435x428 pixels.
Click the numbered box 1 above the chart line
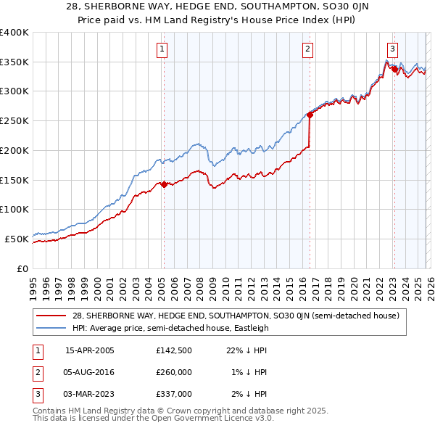(x=161, y=49)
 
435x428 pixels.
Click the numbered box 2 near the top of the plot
(x=307, y=49)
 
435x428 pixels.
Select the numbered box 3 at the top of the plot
(x=392, y=49)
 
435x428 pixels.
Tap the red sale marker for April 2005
(x=164, y=184)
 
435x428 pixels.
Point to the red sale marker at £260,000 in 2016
(x=310, y=115)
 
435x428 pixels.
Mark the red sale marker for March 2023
(x=394, y=70)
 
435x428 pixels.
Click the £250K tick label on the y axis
(x=14, y=121)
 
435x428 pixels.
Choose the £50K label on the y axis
(x=17, y=239)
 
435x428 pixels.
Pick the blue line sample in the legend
(x=52, y=328)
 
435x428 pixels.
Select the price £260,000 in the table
(x=173, y=373)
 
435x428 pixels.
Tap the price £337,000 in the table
(x=173, y=394)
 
